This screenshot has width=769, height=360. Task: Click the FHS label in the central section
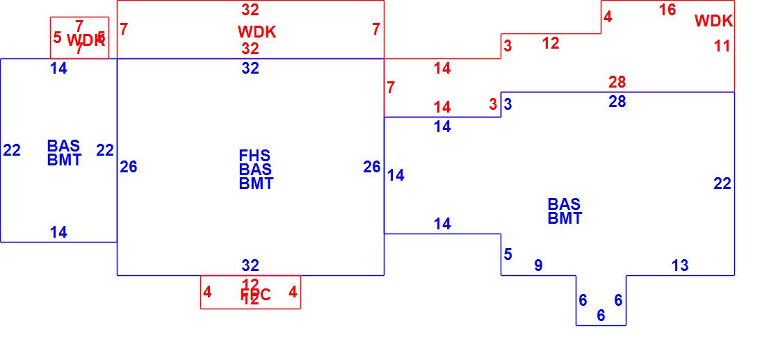[x=255, y=156]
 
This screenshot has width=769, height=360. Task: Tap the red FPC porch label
[x=255, y=295]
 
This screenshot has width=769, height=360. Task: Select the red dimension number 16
[x=667, y=10]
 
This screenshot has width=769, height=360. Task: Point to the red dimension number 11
[x=722, y=47]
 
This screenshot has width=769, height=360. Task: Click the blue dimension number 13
[x=680, y=265]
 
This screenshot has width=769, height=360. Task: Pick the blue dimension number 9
[x=538, y=265]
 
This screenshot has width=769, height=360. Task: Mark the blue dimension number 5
[x=508, y=254]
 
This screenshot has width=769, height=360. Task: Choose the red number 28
[x=617, y=83]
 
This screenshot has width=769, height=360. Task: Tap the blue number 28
[x=617, y=101]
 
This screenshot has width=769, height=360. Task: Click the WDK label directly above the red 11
[x=713, y=21]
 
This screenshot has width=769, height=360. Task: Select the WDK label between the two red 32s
[x=257, y=32]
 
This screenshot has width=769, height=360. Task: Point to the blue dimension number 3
[x=508, y=104]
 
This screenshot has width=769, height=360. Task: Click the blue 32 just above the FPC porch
[x=250, y=265]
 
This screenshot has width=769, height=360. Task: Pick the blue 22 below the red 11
[x=722, y=183]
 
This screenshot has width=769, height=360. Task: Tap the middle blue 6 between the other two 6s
[x=601, y=316]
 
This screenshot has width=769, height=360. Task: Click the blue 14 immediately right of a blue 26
[x=396, y=175]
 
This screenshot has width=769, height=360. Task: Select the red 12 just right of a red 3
[x=551, y=43]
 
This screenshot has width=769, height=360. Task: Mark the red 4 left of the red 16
[x=608, y=17]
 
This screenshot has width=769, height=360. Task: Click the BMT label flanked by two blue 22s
[x=64, y=161]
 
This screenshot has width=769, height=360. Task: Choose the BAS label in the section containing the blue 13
[x=564, y=204]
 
